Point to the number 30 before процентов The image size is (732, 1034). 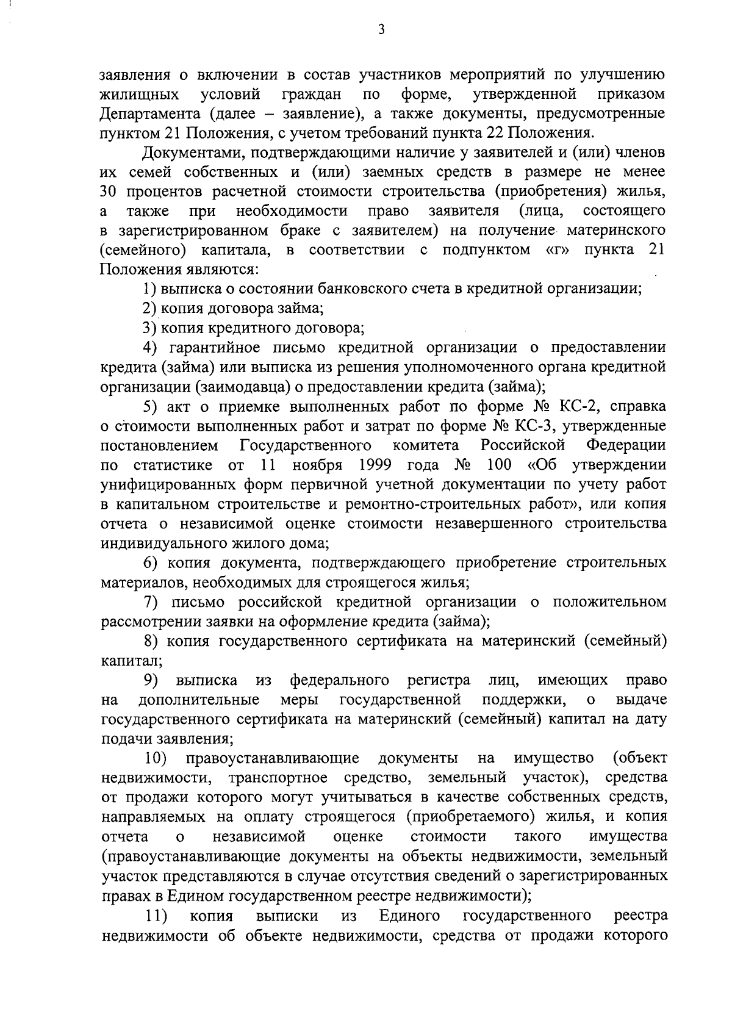110,192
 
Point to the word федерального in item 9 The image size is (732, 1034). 340,680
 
